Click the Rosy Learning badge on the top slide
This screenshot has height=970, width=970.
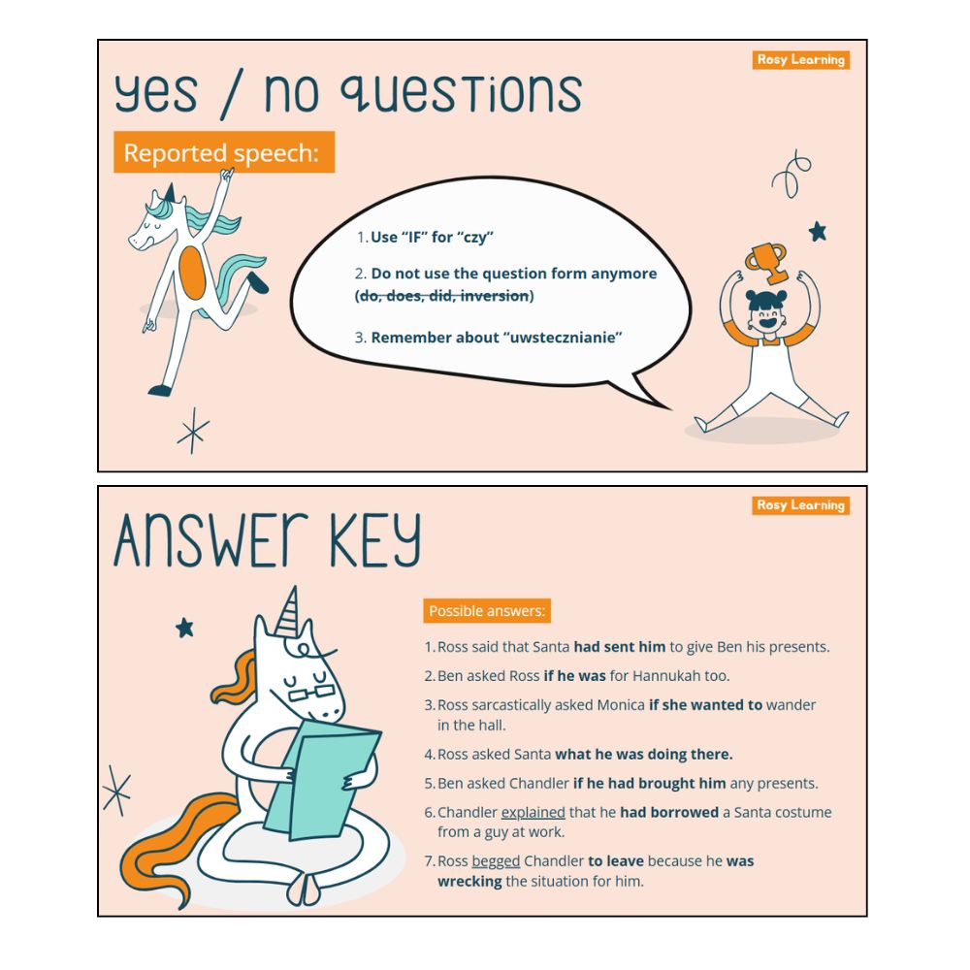click(800, 60)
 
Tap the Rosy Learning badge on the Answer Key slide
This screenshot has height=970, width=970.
click(800, 505)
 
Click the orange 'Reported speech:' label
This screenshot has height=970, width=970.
click(224, 152)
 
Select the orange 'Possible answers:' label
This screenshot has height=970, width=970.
click(487, 610)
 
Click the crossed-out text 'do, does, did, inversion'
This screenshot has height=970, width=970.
click(444, 296)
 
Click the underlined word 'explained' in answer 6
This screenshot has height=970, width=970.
click(533, 812)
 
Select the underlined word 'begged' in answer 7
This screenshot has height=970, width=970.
click(496, 861)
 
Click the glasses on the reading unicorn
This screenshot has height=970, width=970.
click(311, 693)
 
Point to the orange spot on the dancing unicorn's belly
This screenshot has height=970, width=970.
click(192, 273)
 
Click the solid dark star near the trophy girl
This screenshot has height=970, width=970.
click(818, 232)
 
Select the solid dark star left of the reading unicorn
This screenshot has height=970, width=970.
click(184, 628)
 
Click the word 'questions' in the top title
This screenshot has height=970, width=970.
click(462, 93)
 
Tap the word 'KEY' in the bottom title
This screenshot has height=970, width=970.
click(375, 540)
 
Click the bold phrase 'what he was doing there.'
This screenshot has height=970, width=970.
click(643, 754)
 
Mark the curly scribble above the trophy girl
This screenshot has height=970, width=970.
click(792, 174)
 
